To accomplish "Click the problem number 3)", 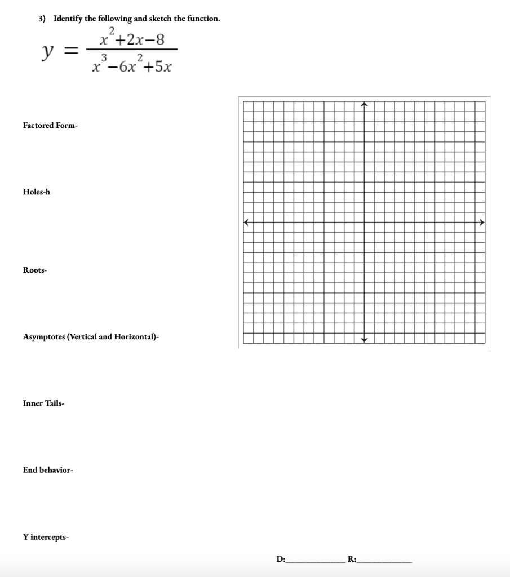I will [x=42, y=19].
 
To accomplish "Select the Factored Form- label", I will [x=50, y=125].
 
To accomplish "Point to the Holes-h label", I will [x=37, y=192].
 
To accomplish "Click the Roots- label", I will [x=35, y=270].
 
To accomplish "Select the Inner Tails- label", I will [x=44, y=403].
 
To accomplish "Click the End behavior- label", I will [x=48, y=470].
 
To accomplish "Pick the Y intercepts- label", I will [x=46, y=537].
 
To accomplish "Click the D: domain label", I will [x=281, y=560].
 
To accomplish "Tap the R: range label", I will [x=352, y=560].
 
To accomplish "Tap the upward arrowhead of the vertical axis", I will [x=364, y=104].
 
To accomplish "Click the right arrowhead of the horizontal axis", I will [x=482, y=223].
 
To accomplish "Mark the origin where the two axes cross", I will [x=364, y=223].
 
